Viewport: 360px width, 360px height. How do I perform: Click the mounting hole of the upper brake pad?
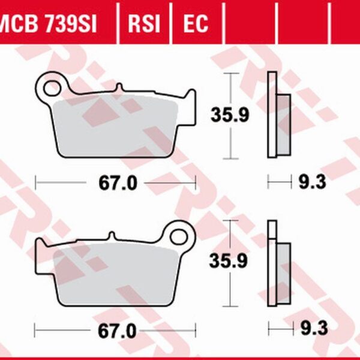point(52,87)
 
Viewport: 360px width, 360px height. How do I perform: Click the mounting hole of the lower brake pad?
point(178,233)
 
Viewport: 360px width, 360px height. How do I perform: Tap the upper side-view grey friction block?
point(283,123)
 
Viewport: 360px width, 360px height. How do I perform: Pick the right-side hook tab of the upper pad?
point(190,99)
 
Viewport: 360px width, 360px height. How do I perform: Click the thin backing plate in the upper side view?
point(271,114)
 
